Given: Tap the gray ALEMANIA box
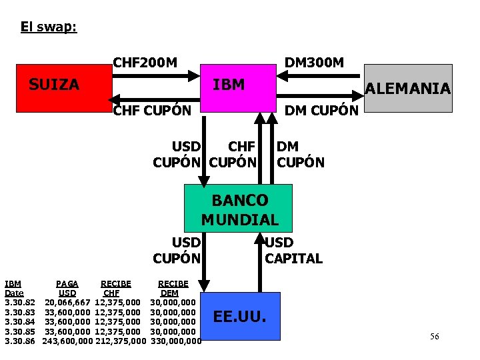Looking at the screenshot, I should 409,88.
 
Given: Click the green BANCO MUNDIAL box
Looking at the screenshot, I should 239,209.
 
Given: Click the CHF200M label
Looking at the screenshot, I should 145,63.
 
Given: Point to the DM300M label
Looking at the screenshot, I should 314,63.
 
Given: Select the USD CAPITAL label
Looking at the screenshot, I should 293,251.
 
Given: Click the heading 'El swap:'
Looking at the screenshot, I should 49,27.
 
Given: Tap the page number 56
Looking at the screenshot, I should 434,337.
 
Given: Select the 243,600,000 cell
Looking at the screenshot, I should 67,341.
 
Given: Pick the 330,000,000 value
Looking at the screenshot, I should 176,341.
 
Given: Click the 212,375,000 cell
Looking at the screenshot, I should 120,341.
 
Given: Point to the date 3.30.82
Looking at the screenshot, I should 20,303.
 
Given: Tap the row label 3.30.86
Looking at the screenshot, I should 20,341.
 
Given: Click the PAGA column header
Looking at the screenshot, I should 67,284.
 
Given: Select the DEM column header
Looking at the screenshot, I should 169,293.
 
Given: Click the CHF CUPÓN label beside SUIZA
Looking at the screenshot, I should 152,110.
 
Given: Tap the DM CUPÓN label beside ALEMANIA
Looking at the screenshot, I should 321,110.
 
